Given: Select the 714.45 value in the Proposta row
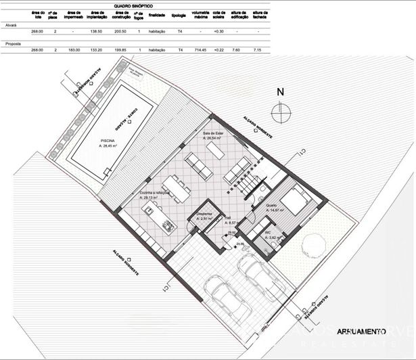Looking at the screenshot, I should [x=200, y=50].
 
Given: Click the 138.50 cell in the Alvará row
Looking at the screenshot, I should [x=95, y=31].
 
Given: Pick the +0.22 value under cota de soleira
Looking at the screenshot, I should [x=218, y=50].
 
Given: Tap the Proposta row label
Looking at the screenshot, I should [x=12, y=43].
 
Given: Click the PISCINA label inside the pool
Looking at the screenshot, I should [x=108, y=141].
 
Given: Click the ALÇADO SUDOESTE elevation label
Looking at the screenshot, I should [x=126, y=260].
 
